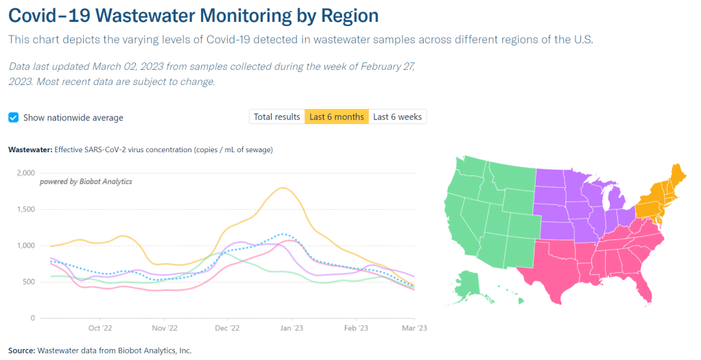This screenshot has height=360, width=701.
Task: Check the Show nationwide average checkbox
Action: pos(13,117)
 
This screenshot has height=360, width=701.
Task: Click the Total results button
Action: pos(276,117)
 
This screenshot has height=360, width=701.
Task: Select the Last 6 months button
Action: pos(336,117)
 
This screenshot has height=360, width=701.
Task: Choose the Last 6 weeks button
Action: pos(397,117)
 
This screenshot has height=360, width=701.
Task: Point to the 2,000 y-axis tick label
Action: pos(25,173)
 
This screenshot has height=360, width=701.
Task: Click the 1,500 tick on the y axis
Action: pos(25,209)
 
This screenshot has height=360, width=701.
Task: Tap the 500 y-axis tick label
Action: pos(27,282)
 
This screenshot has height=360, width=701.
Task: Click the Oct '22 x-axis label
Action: pos(100,328)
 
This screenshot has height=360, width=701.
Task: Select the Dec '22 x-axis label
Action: pos(227,328)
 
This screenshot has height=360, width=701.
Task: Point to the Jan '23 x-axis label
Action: pos(292,328)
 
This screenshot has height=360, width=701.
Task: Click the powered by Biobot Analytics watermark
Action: pos(86,182)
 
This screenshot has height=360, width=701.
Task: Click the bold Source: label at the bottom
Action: pos(22,350)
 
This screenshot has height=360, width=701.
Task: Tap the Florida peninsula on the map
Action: pos(643,288)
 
